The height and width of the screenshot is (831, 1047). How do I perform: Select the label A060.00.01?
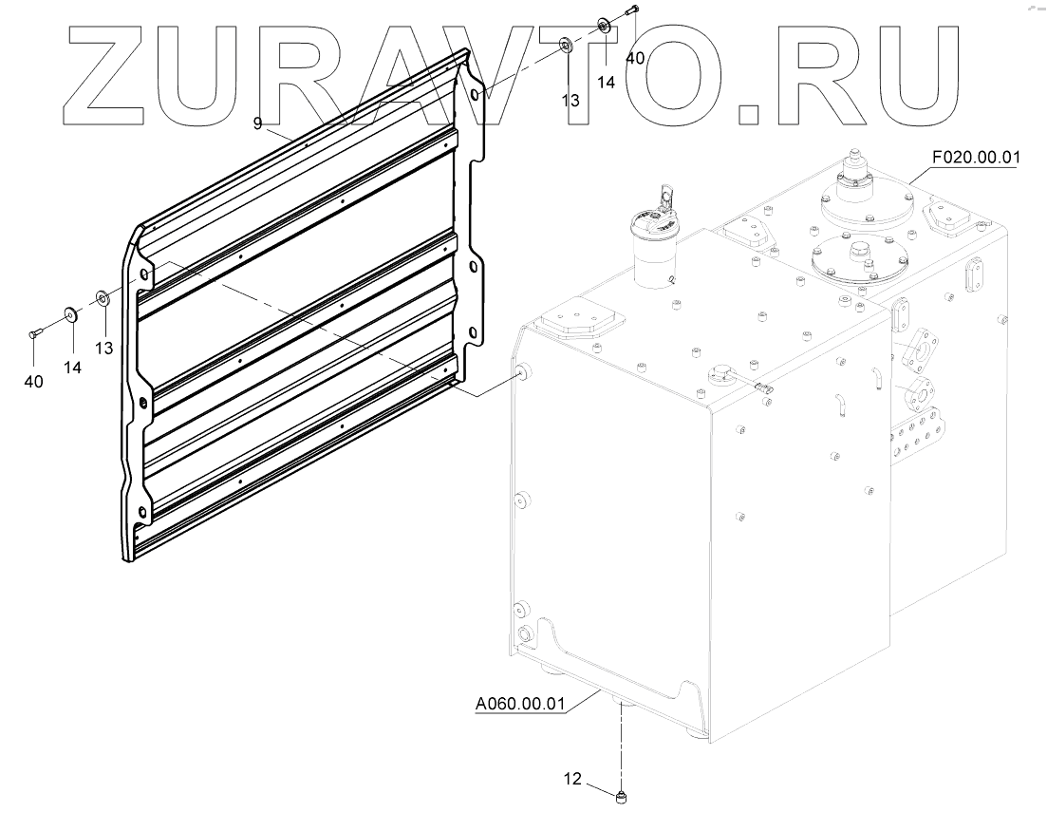tap(519, 704)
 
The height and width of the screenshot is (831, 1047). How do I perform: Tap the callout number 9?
tap(257, 123)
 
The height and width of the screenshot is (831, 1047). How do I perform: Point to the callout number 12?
tap(572, 779)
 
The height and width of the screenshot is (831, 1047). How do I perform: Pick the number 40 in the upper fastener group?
tap(634, 57)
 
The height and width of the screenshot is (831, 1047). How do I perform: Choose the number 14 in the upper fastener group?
tap(606, 82)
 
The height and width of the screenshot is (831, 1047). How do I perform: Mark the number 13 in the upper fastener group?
tap(570, 99)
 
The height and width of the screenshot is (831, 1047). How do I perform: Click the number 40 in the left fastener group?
tap(33, 382)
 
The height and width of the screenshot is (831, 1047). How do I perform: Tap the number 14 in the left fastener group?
tap(72, 368)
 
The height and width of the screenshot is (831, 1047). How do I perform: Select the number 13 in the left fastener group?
tap(103, 348)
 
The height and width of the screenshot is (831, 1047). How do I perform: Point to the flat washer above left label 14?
tap(71, 313)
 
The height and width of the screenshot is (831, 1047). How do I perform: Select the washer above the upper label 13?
tap(566, 44)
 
